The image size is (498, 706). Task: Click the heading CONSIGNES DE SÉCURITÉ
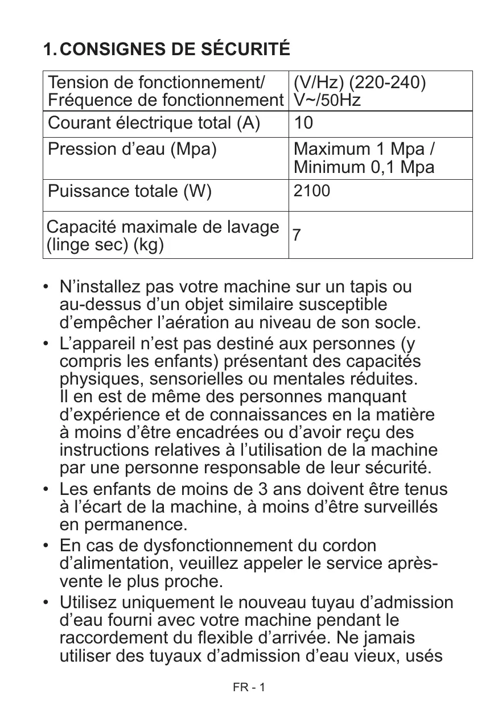pyautogui.click(x=175, y=49)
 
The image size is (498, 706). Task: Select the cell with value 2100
pyautogui.click(x=311, y=191)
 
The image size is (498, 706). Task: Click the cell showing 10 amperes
pyautogui.click(x=303, y=123)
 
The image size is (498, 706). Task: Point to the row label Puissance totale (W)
pyautogui.click(x=130, y=191)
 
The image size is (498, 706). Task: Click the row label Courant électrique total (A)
pyautogui.click(x=154, y=123)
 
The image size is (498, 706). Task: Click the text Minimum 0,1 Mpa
pyautogui.click(x=364, y=168)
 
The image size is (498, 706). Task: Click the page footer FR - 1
pyautogui.click(x=249, y=687)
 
